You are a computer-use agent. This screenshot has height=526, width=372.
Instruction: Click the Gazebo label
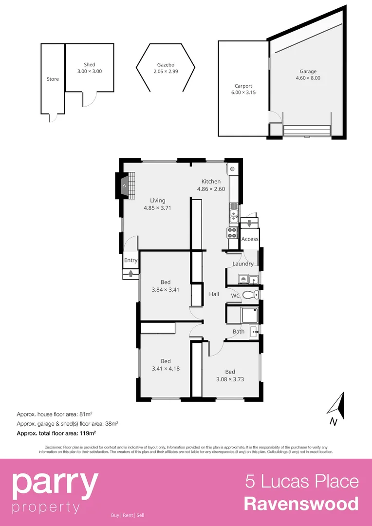pyautogui.click(x=166, y=65)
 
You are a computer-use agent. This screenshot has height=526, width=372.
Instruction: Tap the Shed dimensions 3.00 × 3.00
pyautogui.click(x=90, y=71)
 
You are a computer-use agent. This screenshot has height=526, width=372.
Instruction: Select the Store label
pyautogui.click(x=53, y=79)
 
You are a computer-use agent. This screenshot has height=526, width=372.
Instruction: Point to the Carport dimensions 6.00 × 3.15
pyautogui.click(x=243, y=93)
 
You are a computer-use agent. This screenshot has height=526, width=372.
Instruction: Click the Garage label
pyautogui.click(x=308, y=71)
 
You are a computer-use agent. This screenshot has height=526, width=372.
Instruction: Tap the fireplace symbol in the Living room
pyautogui.click(x=125, y=186)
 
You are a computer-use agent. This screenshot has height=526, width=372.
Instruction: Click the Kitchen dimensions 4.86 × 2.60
pyautogui.click(x=211, y=189)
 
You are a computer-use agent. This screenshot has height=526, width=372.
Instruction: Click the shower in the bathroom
pyautogui.click(x=250, y=315)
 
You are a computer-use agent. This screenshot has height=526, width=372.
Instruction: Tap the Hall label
pyautogui.click(x=214, y=294)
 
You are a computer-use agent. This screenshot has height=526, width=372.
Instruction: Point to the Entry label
pyautogui.click(x=130, y=260)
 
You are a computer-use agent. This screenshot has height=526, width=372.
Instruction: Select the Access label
pyautogui.click(x=250, y=239)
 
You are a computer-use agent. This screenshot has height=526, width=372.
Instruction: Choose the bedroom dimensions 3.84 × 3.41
pyautogui.click(x=166, y=289)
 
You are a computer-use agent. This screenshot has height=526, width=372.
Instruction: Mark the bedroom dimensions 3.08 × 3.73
pyautogui.click(x=230, y=379)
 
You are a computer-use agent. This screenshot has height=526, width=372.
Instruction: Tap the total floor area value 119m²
pyautogui.click(x=87, y=432)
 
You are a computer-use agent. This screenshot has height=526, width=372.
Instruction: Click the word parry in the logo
pyautogui.click(x=55, y=483)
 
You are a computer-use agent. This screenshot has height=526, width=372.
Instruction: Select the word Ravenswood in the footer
pyautogui.click(x=301, y=504)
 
